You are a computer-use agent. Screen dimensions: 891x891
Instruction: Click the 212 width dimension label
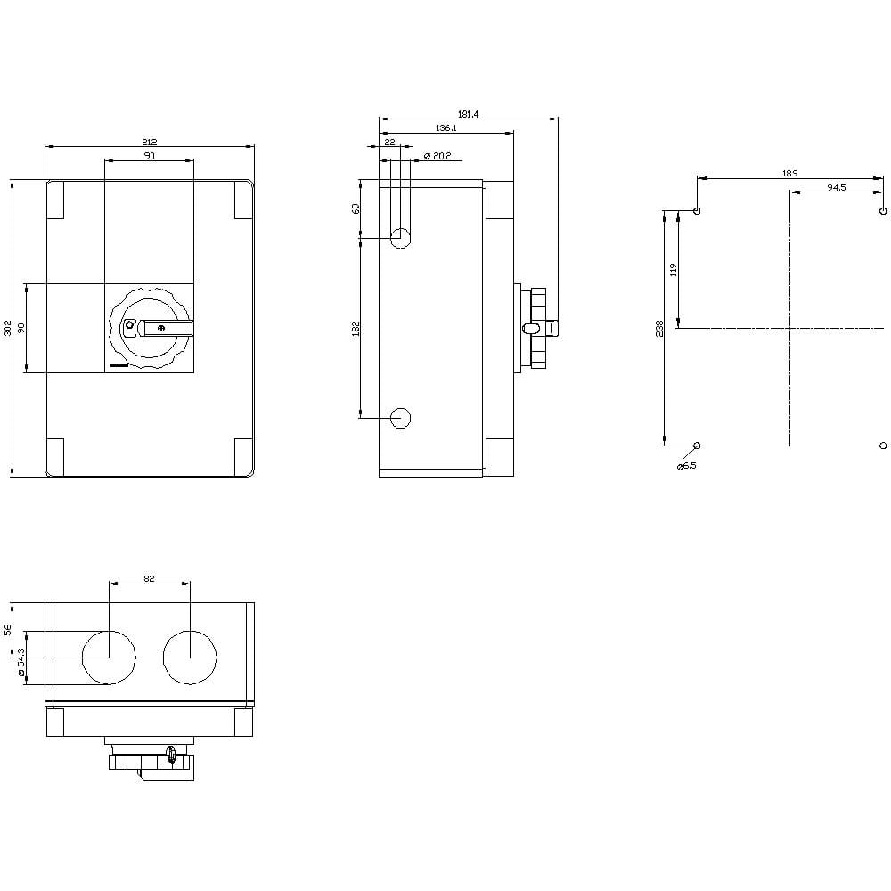[x=149, y=142]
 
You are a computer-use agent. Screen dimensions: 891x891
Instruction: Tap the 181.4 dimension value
[x=468, y=114]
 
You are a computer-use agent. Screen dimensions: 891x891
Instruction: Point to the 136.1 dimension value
[x=446, y=128]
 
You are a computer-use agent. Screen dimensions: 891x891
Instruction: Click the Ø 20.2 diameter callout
[x=437, y=156]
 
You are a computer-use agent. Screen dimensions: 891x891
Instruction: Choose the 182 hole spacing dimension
[x=356, y=328]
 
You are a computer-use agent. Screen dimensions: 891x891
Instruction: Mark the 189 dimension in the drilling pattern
[x=789, y=173]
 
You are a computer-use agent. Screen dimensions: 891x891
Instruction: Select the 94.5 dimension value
[x=836, y=188]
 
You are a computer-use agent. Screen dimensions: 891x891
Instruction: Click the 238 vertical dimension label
[x=660, y=328]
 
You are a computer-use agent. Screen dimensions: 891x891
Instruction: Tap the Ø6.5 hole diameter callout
[x=686, y=466]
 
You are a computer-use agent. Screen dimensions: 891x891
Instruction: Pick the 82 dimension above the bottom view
[x=149, y=579]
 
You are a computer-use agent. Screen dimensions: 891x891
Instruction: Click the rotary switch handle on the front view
[x=167, y=328]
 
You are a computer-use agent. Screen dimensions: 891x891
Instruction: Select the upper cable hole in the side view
[x=401, y=238]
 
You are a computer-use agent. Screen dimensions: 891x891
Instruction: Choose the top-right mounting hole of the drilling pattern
[x=882, y=212]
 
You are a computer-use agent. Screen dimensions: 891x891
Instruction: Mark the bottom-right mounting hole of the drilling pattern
[x=882, y=445]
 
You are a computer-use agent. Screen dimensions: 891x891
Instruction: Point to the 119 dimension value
[x=674, y=269]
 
